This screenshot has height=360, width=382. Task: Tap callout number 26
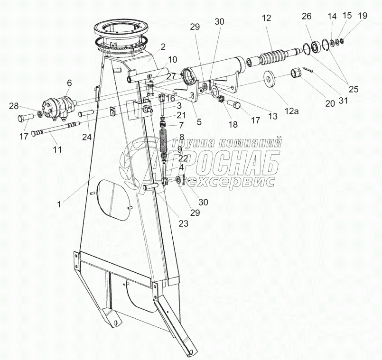coord(307,16)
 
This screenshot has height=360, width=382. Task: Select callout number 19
coord(362,16)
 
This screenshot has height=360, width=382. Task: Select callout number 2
coord(163,46)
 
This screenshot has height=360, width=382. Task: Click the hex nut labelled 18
coord(220,100)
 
